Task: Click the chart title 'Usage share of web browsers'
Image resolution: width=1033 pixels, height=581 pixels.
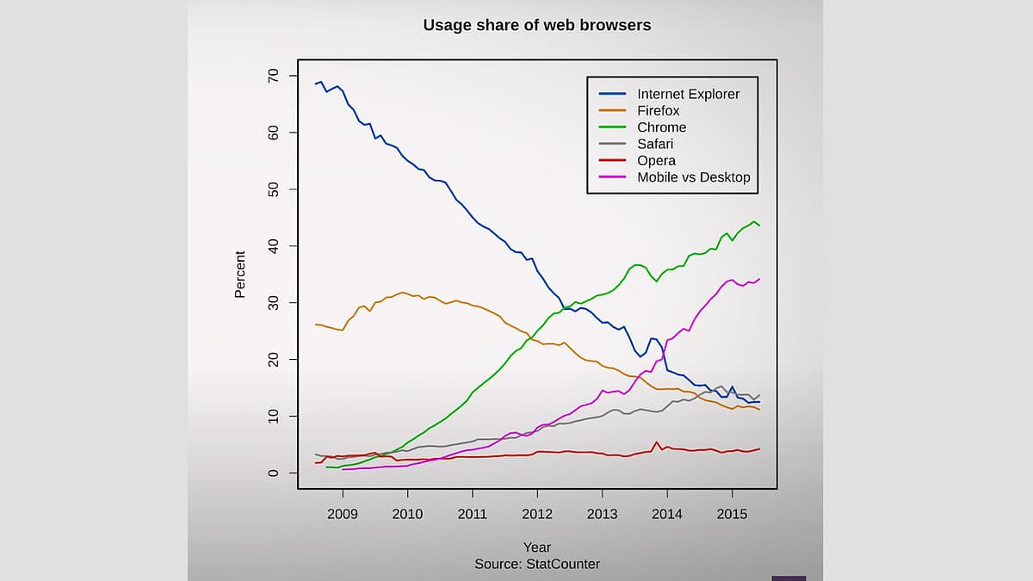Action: tap(536, 26)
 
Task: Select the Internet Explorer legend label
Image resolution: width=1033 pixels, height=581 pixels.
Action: tap(688, 95)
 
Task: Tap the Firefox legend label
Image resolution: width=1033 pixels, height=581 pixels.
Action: tap(658, 111)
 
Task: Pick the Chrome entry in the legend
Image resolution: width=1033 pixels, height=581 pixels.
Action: tap(661, 127)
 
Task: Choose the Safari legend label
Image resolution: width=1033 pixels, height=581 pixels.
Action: tap(655, 144)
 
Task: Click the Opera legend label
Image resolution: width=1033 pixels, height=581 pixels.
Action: tap(656, 161)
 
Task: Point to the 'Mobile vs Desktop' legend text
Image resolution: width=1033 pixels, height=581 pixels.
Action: tap(693, 177)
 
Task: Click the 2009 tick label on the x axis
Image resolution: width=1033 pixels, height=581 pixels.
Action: tap(343, 514)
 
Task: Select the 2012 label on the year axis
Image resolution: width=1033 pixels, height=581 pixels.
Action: tap(537, 514)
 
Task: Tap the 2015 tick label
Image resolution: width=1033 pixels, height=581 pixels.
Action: tap(732, 514)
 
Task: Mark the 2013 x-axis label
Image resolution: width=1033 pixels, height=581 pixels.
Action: tap(602, 514)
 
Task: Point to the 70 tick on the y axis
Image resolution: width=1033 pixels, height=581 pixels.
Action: tap(274, 76)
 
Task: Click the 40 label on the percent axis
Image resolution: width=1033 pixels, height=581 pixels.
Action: tap(274, 246)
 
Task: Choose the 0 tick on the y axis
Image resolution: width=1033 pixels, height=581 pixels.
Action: tap(274, 473)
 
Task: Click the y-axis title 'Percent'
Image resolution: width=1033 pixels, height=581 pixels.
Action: tap(240, 275)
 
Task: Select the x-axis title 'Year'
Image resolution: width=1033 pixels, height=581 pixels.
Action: tap(537, 547)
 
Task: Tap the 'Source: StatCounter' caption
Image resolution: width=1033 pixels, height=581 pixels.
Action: tap(537, 564)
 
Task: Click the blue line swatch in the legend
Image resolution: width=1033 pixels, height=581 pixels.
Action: tap(612, 95)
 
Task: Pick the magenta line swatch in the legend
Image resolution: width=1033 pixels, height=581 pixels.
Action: tap(612, 177)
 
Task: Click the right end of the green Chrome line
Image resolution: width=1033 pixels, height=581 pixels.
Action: tap(758, 226)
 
